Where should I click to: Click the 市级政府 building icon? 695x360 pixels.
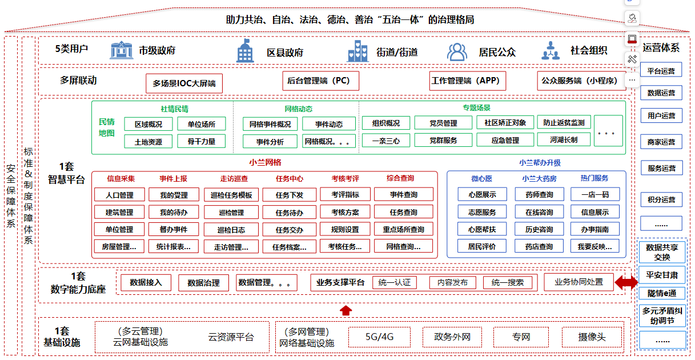(121, 50)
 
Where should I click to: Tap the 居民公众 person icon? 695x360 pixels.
(457, 52)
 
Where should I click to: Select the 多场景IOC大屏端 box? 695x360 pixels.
(184, 83)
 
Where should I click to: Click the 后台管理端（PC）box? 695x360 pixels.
(321, 81)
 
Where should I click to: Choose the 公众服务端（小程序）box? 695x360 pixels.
(580, 81)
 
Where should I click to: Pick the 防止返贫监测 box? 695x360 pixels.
(564, 123)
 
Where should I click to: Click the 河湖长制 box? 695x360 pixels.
(564, 140)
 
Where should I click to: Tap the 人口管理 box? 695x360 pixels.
(119, 195)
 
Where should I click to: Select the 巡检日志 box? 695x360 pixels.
(231, 230)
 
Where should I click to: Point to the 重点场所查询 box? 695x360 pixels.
(404, 230)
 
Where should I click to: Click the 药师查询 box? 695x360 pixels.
(539, 195)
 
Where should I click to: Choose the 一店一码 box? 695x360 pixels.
(594, 195)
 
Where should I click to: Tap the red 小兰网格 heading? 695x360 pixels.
(265, 162)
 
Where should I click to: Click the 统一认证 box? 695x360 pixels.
(395, 283)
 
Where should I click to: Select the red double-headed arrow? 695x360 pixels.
(626, 282)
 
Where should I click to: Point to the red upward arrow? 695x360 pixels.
(346, 310)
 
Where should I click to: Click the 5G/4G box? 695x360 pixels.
(380, 337)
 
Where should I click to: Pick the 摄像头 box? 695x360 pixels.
(591, 337)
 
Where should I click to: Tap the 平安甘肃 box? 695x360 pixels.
(662, 275)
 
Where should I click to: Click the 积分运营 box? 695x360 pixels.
(661, 200)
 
